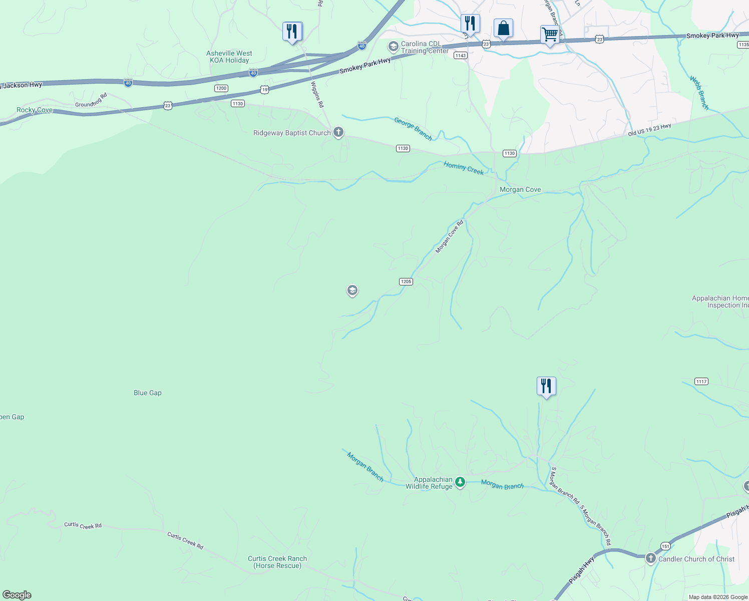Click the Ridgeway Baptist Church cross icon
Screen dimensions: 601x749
338,133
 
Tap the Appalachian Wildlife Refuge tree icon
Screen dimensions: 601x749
460,482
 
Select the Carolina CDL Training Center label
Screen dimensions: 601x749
425,47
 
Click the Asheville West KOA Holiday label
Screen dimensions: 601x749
229,57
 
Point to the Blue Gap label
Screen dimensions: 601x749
148,393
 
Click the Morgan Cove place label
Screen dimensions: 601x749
520,190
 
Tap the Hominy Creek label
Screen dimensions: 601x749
464,168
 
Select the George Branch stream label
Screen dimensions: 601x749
413,129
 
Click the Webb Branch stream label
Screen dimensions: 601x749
699,93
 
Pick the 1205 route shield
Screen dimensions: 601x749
406,281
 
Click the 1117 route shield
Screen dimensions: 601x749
701,382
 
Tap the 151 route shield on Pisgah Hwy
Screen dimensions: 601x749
665,546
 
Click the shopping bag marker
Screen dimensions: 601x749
503,29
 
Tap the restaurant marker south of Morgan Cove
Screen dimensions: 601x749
546,386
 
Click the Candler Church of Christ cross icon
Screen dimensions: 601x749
650,558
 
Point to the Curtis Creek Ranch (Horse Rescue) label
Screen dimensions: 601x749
277,562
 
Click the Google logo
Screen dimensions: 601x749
17,595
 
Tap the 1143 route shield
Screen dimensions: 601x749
461,56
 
